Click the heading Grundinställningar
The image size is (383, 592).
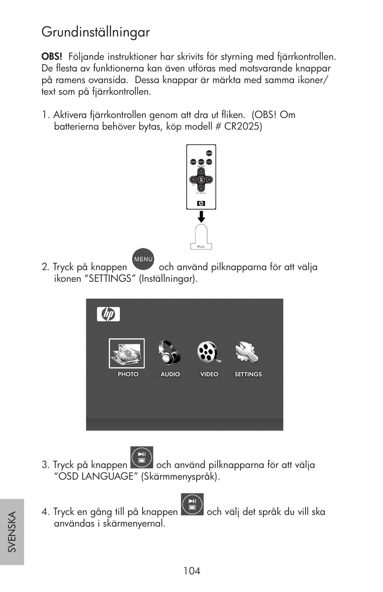pos(96,33)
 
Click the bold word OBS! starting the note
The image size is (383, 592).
pos(52,57)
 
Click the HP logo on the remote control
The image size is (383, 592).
pos(201,203)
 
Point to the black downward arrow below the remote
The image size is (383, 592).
pos(201,217)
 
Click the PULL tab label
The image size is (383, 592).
pos(201,246)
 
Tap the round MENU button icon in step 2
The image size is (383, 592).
pos(143,259)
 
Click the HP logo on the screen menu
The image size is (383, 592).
pos(108,314)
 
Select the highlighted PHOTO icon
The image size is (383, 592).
pos(127,353)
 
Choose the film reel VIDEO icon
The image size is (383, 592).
pos(208,352)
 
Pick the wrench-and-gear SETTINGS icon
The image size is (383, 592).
pos(247,352)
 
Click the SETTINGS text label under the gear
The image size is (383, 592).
pos(248,374)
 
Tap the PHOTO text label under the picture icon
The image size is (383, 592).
pos(128,374)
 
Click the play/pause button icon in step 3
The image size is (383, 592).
pos(142,458)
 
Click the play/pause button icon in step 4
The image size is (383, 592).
pos(192,505)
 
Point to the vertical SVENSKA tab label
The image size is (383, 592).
pos(12,531)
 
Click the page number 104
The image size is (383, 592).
pos(191,571)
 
